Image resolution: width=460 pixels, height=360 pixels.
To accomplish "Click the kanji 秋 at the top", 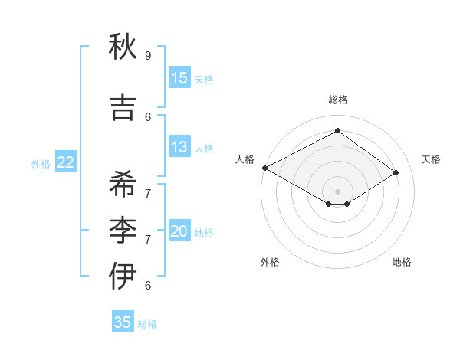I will click(x=123, y=47).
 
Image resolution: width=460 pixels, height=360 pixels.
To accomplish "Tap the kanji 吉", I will click(x=123, y=108).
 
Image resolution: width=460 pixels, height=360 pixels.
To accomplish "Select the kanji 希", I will click(x=123, y=185).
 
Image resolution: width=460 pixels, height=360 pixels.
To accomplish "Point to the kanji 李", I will click(x=123, y=231).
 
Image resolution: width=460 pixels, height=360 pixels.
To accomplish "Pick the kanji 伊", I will click(x=123, y=277).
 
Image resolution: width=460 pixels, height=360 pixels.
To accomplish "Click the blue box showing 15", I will click(x=179, y=78).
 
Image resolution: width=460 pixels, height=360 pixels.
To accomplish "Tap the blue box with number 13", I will click(x=179, y=147).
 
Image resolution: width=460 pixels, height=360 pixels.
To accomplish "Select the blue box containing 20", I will click(x=179, y=231).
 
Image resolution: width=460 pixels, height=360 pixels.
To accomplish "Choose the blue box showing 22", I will click(x=66, y=162).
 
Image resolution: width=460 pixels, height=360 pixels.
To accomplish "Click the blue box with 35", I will click(x=123, y=322).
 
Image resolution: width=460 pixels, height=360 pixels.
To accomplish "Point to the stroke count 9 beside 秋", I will click(x=148, y=56).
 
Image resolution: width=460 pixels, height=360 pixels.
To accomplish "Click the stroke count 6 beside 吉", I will click(x=148, y=116).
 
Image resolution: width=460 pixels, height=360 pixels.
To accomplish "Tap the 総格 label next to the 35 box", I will click(x=147, y=324).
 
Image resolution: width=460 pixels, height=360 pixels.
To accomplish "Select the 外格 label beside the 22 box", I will click(x=41, y=163).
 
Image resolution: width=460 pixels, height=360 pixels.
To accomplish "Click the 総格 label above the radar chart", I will click(x=337, y=100).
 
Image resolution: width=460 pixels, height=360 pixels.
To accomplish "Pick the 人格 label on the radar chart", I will click(x=245, y=159).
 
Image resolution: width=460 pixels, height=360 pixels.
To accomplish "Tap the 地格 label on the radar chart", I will click(x=402, y=262).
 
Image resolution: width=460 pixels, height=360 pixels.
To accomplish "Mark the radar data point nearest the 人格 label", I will click(x=264, y=168).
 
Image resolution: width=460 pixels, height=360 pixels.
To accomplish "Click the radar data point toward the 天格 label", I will click(x=396, y=172).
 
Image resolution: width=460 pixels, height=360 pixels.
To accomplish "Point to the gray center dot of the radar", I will click(x=337, y=191).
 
